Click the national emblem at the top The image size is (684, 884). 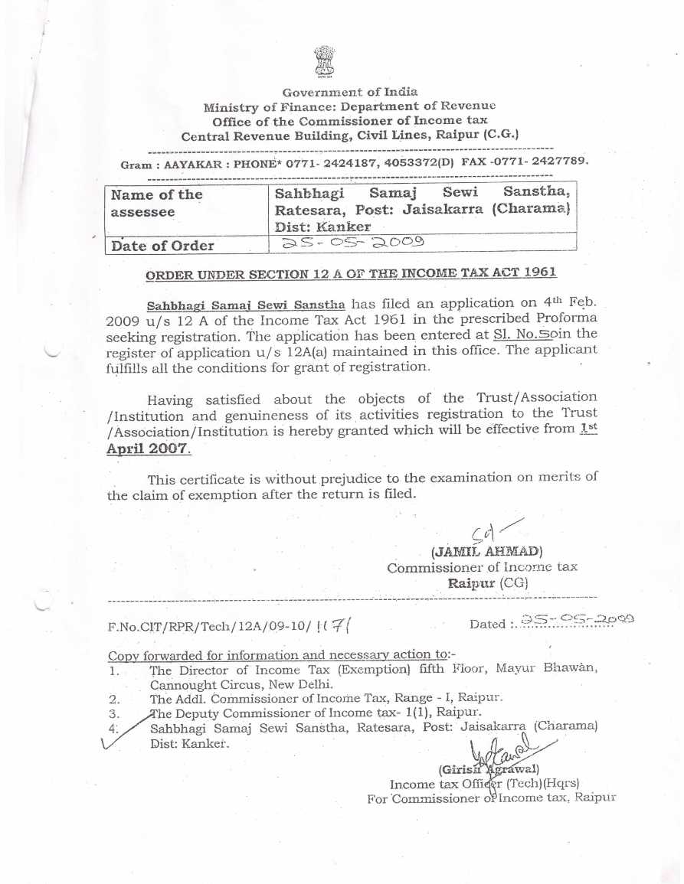coord(325,61)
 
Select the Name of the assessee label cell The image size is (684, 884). coord(156,203)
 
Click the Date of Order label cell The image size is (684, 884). coord(163,246)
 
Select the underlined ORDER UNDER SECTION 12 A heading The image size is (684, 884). coord(352,272)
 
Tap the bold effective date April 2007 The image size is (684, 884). coord(149,448)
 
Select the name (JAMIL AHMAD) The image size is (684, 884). coord(487,551)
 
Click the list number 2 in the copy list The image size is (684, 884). coord(114,699)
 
